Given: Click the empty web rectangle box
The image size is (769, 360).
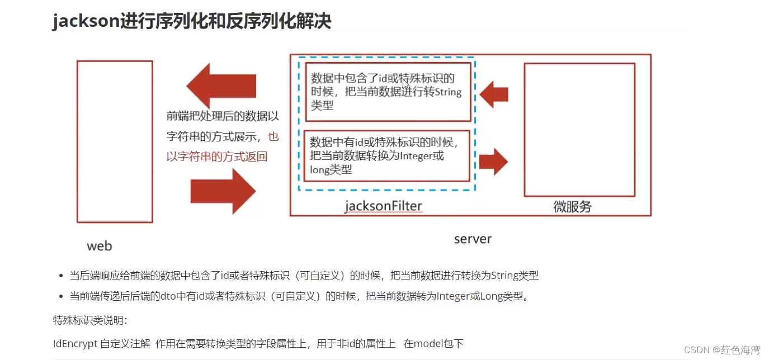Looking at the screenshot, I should click(115, 141).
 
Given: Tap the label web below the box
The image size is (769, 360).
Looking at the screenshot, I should click(100, 246).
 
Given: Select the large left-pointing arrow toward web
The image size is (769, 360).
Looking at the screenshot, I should click(221, 86).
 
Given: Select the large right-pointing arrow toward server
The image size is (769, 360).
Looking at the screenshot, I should click(223, 192).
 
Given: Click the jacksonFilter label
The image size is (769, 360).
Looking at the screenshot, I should click(383, 206).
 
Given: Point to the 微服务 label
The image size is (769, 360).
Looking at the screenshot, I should click(572, 207).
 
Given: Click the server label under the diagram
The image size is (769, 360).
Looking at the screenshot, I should click(473, 239).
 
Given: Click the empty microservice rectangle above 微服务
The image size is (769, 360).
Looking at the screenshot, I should click(579, 130).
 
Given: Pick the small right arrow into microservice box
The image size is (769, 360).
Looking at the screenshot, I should click(493, 162).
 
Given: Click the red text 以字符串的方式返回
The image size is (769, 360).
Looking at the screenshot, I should click(217, 157).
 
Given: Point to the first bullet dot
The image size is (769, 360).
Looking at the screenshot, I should click(61, 276).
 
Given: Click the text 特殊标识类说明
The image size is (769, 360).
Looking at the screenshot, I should click(89, 320).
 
